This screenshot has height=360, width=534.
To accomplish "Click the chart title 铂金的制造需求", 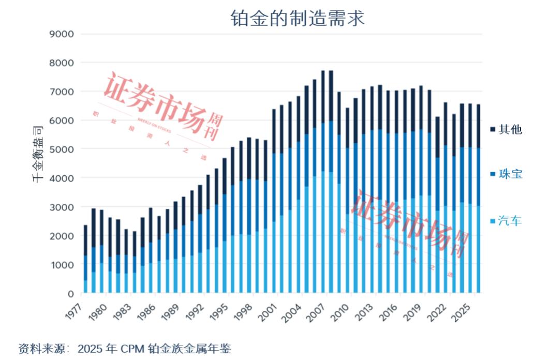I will [x=298, y=19].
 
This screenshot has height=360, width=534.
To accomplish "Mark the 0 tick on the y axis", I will [x=70, y=294].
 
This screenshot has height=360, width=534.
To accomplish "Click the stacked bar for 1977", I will [x=85, y=259].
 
